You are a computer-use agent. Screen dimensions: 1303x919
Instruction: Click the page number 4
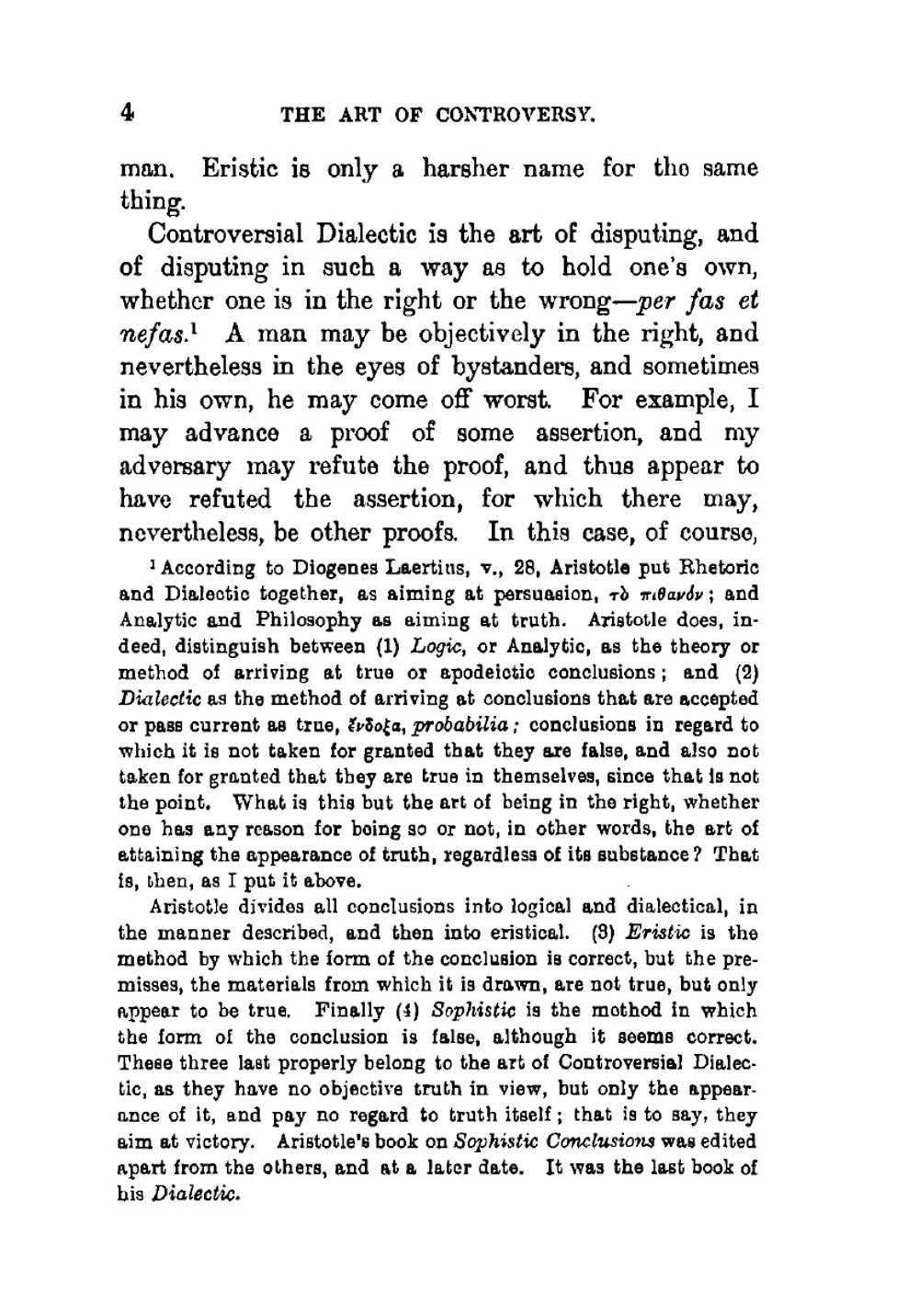point(127,113)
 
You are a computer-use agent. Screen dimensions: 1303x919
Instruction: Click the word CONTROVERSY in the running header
point(516,116)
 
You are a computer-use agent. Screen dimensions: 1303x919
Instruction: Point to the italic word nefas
point(150,334)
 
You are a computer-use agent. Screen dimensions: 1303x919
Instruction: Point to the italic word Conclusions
point(607,1142)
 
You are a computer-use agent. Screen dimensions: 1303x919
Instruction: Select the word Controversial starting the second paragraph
point(226,234)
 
